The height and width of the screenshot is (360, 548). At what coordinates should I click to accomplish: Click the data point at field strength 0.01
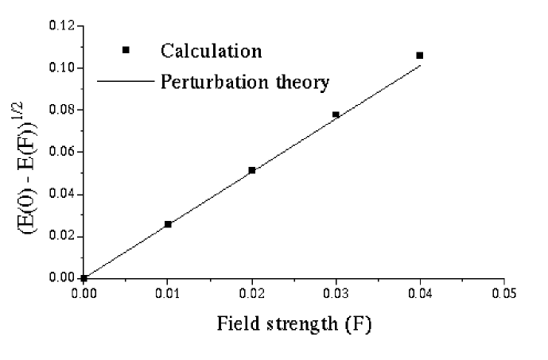click(x=168, y=224)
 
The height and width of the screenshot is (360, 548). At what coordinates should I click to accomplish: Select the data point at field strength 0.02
click(x=252, y=170)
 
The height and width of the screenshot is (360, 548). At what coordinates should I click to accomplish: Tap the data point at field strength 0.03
click(x=336, y=114)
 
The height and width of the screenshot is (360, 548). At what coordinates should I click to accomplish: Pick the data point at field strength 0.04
click(x=420, y=56)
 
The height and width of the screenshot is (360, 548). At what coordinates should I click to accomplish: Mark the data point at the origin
click(x=84, y=278)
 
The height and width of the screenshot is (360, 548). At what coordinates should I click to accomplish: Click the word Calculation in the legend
click(x=211, y=51)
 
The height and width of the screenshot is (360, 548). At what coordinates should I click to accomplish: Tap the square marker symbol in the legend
click(x=126, y=50)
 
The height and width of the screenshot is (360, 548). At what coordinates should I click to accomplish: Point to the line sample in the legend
click(x=126, y=81)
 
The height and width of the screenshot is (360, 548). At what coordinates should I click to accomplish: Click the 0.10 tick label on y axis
click(x=62, y=68)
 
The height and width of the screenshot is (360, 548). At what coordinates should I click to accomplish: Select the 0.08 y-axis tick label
click(x=62, y=110)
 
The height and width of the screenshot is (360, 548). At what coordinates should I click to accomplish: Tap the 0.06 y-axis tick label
click(x=62, y=152)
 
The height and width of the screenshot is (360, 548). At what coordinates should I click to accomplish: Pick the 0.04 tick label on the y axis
click(x=62, y=194)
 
